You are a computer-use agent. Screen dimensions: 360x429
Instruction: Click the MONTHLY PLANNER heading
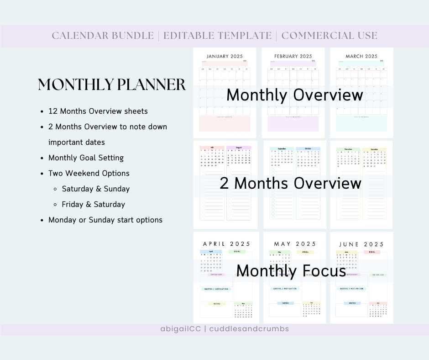click(112, 85)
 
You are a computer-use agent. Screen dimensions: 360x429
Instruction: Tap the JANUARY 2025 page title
click(225, 57)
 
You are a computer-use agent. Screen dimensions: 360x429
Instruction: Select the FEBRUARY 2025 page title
click(293, 57)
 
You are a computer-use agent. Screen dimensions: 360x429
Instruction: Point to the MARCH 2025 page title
click(361, 57)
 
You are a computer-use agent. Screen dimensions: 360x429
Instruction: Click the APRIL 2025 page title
click(226, 244)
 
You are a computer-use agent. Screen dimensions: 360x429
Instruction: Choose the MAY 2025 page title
click(294, 244)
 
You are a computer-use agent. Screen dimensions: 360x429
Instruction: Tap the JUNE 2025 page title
click(361, 244)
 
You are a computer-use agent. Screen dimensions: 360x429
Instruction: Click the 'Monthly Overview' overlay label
click(294, 95)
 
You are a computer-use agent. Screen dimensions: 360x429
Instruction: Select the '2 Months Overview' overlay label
click(290, 183)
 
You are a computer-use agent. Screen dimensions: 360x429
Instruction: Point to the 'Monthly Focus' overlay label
click(291, 271)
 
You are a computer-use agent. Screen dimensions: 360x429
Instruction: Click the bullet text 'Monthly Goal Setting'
click(86, 158)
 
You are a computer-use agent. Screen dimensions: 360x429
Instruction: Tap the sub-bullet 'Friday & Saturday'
click(93, 204)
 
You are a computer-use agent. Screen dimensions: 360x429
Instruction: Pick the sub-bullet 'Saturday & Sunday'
click(95, 189)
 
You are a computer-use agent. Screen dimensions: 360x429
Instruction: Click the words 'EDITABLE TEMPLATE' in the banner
click(217, 36)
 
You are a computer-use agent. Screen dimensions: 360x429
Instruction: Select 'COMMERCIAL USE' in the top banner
click(329, 36)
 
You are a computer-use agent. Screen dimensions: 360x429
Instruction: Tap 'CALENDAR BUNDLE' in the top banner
click(103, 36)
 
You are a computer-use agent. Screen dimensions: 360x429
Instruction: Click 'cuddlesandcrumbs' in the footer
click(249, 329)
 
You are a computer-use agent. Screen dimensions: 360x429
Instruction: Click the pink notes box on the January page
click(225, 123)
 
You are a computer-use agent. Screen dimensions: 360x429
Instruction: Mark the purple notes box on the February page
click(293, 123)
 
